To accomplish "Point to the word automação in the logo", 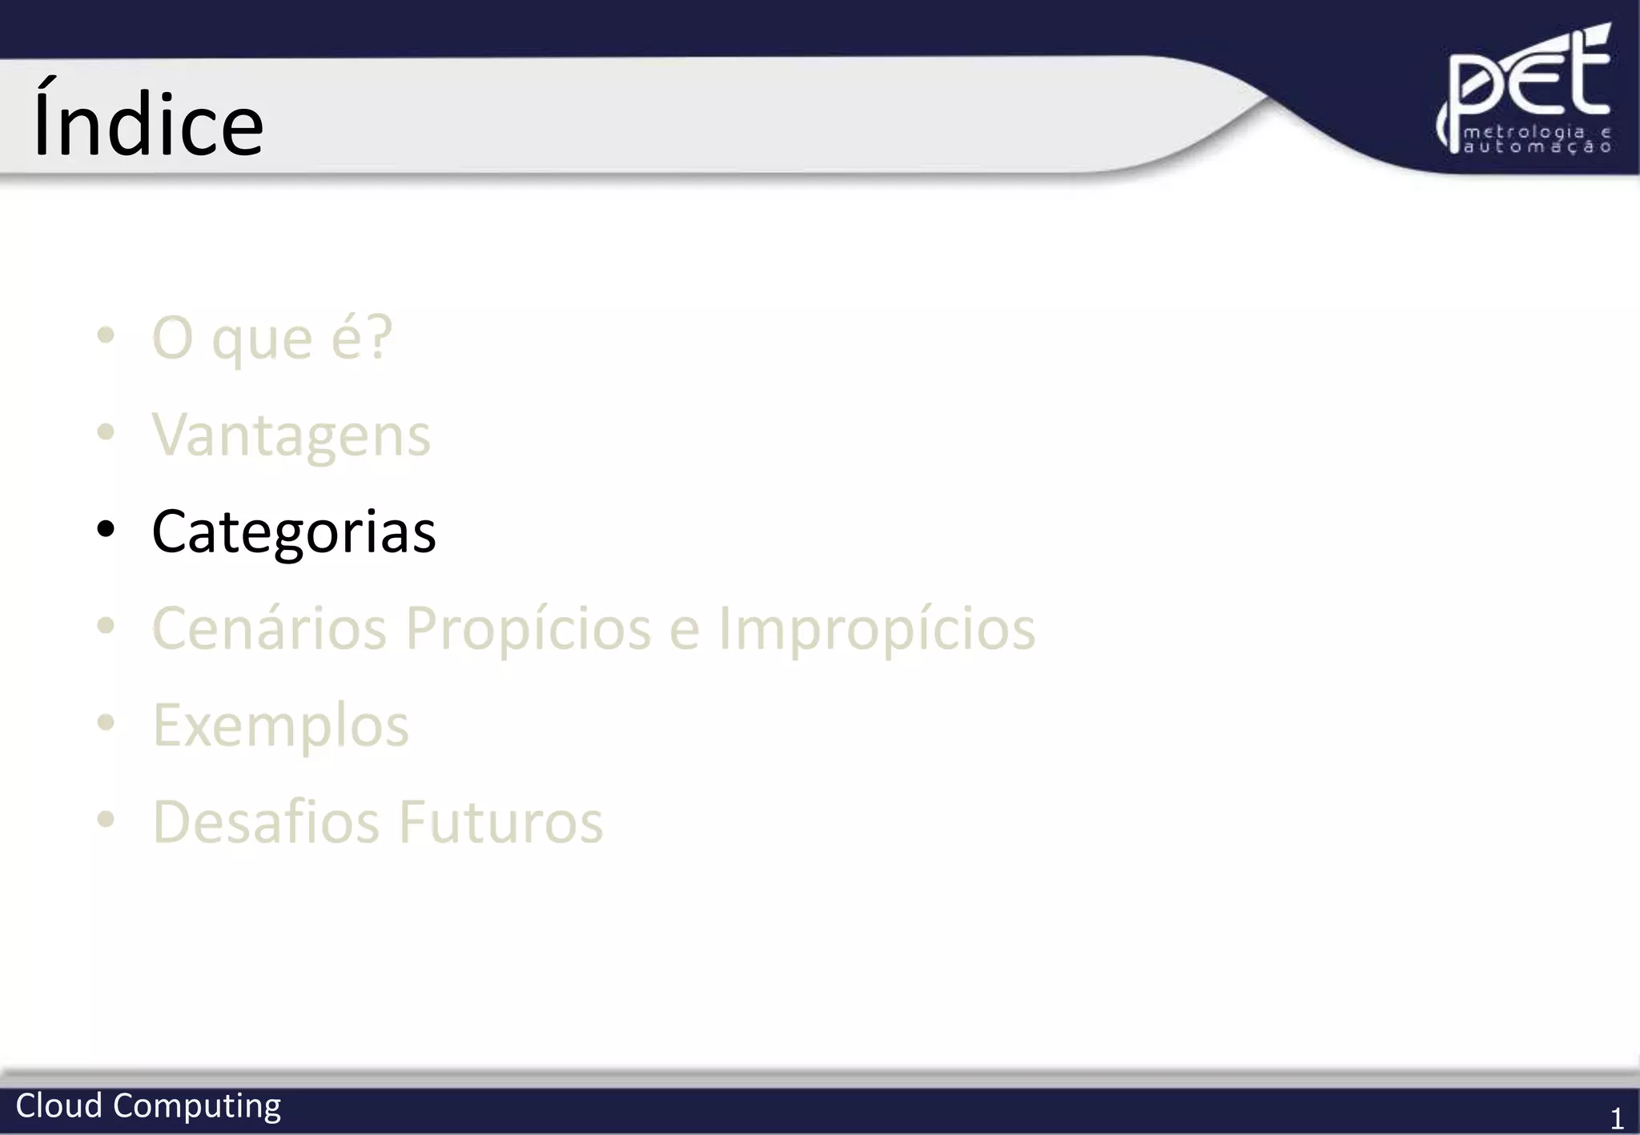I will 1537,147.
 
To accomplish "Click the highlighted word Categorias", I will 294,531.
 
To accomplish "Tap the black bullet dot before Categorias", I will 106,529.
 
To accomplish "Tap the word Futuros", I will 500,822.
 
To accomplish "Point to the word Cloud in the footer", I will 59,1105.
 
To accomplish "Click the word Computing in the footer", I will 197,1107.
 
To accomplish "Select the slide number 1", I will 1617,1117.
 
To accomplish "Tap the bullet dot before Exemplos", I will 106,723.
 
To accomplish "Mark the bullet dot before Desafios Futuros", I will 106,820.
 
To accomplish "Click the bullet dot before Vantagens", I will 106,433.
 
